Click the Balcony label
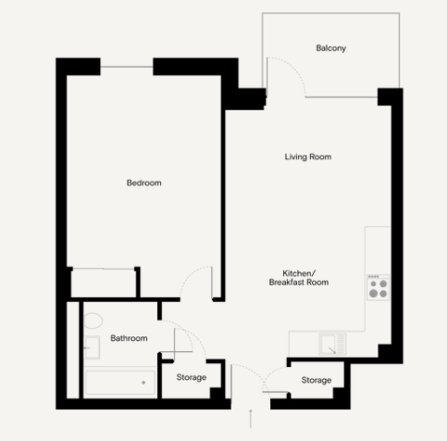point(330,48)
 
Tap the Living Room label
point(308,157)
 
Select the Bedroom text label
point(143,183)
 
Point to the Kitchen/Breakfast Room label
point(299,278)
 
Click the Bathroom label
point(129,338)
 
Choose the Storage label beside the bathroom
point(192,377)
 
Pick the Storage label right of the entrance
point(317,380)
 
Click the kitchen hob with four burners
point(379,287)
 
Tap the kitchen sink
point(332,344)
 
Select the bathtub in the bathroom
point(120,383)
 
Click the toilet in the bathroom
point(93,321)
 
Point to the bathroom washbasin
point(92,347)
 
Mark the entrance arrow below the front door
point(251,419)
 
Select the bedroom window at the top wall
point(127,67)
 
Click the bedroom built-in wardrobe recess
point(104,283)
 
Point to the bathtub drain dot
point(143,383)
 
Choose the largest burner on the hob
point(373,294)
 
